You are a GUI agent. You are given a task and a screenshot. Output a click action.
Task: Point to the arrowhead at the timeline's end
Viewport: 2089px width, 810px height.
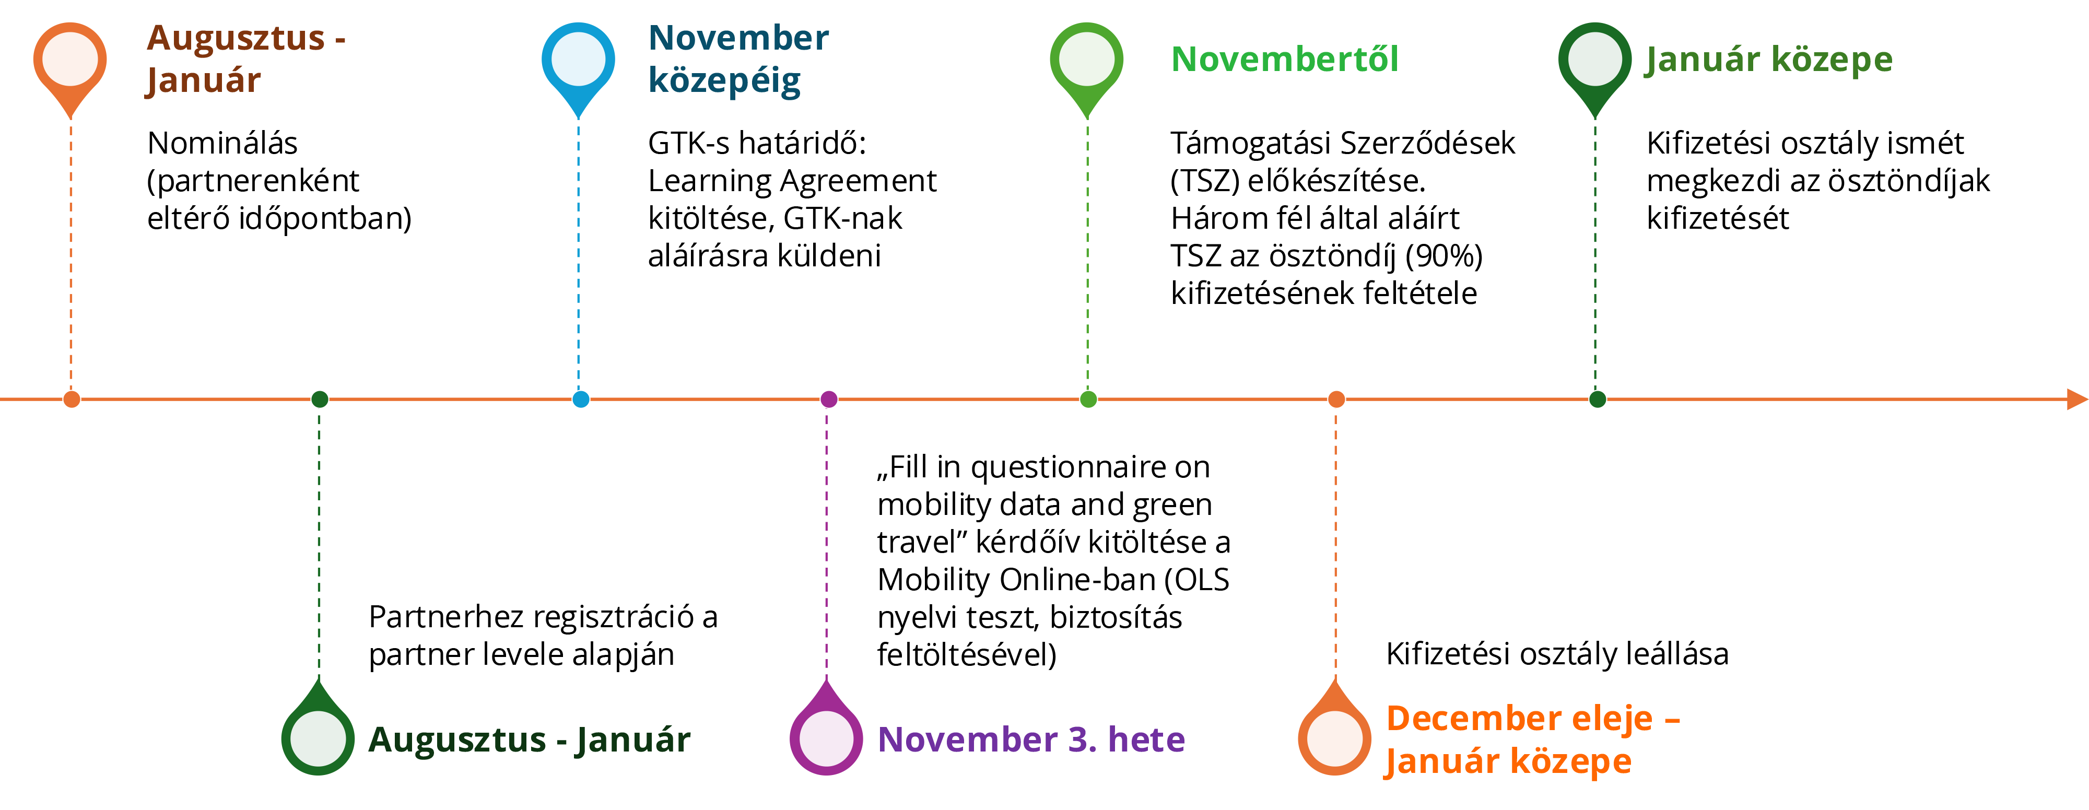click(2077, 399)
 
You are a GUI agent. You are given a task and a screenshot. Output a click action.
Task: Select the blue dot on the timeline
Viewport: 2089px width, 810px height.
click(581, 399)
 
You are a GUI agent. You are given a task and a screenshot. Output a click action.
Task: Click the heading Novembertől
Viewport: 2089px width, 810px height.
click(1285, 59)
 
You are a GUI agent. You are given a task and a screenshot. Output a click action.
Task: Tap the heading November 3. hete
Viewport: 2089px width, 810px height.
click(1031, 739)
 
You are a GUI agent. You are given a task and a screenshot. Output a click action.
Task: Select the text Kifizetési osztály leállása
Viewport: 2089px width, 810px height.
click(1557, 653)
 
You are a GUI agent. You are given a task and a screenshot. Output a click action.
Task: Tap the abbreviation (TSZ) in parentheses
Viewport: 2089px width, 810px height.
click(1205, 181)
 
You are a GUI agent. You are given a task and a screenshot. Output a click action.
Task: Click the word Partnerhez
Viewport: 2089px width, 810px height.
click(446, 617)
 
